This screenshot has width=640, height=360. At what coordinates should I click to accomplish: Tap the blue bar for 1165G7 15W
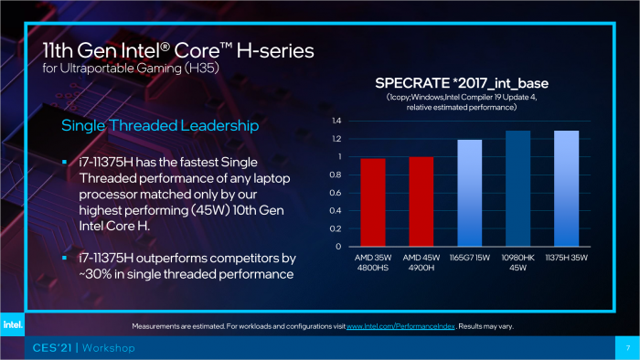point(468,193)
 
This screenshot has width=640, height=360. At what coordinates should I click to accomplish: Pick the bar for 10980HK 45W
point(518,188)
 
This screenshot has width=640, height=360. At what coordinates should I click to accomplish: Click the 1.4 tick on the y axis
point(336,121)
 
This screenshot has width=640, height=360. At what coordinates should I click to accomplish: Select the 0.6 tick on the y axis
point(336,193)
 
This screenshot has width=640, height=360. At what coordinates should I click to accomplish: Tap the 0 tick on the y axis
point(338,247)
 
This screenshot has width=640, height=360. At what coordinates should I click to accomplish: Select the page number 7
point(627,348)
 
